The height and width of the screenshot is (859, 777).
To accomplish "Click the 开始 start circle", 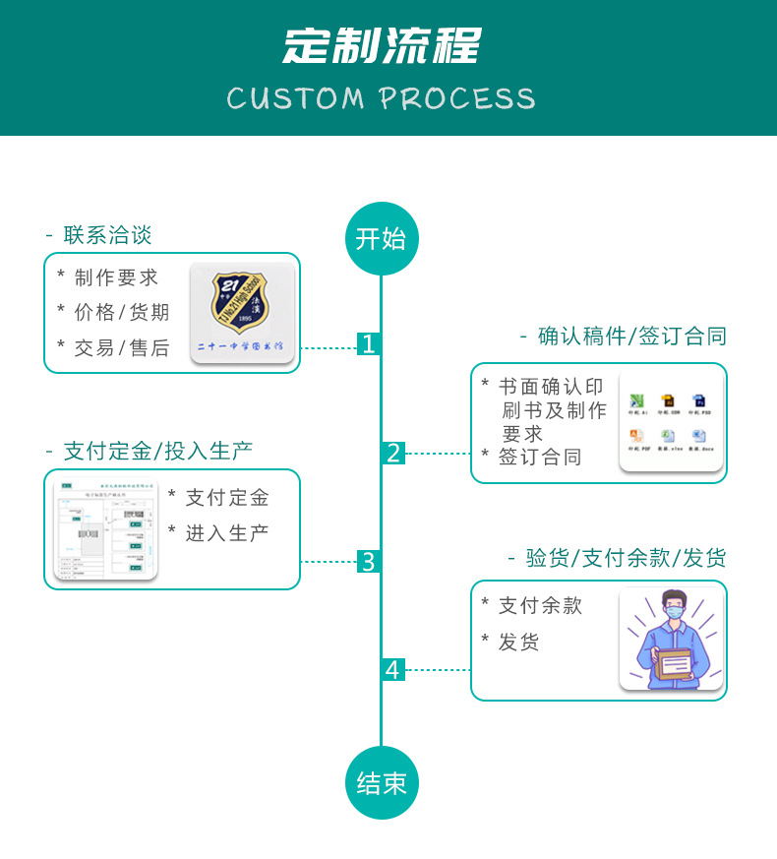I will (x=382, y=239).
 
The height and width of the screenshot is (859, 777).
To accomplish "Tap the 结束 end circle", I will (x=382, y=783).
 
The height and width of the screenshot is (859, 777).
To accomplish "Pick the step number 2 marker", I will (x=393, y=454).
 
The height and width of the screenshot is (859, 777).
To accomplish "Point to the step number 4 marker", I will (x=393, y=670).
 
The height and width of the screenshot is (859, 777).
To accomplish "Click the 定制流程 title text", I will (x=382, y=46).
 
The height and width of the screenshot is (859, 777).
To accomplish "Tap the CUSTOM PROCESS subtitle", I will (x=382, y=98).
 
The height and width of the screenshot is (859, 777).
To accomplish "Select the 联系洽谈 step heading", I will (x=107, y=235).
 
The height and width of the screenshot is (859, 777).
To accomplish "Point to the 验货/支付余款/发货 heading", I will (x=626, y=559).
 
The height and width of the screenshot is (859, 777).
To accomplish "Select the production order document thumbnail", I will (x=105, y=529).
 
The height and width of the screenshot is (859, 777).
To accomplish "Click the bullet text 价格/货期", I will (x=122, y=313).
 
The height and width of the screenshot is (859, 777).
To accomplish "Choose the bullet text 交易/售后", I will (x=122, y=347).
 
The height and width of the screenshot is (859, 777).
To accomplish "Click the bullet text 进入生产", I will (x=227, y=533).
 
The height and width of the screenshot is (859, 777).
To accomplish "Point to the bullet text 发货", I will (x=518, y=643).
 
